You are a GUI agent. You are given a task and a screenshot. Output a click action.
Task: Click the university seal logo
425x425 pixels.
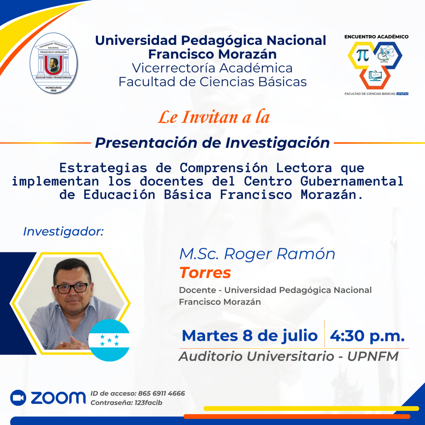pos(54,63)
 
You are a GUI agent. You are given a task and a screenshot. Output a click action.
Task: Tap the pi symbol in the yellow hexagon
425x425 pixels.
pos(362,55)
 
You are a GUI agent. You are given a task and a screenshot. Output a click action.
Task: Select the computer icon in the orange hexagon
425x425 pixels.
pos(375,76)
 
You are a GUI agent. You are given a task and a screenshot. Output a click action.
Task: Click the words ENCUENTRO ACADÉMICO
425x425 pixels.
pos(376,37)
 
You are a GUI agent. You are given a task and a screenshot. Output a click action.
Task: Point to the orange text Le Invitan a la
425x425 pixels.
pos(214,117)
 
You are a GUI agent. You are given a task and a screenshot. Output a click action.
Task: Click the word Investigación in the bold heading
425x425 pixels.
pos(278,143)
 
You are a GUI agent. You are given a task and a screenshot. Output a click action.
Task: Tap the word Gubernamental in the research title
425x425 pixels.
pos(352,181)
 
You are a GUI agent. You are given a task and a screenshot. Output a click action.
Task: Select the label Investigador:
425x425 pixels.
pos(64,232)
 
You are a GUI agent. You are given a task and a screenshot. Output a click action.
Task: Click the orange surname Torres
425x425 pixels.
pos(205,272)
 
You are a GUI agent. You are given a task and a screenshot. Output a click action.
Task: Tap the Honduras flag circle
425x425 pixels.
pos(109,340)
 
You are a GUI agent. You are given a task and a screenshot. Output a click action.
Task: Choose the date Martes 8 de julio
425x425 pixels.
pos(249,336)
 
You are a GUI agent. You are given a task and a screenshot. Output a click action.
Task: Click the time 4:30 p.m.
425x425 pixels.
pos(367,336)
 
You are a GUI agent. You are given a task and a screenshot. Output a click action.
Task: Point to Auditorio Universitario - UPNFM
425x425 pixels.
pos(288,356)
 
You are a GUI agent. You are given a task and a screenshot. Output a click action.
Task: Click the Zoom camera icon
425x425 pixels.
pos(18,398)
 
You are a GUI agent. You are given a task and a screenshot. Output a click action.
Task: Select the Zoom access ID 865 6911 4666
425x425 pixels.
pos(161,393)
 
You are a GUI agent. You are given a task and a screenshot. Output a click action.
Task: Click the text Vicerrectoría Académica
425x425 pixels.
pos(212,68)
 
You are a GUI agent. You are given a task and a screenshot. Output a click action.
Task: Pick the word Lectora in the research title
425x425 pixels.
pos(304,168)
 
